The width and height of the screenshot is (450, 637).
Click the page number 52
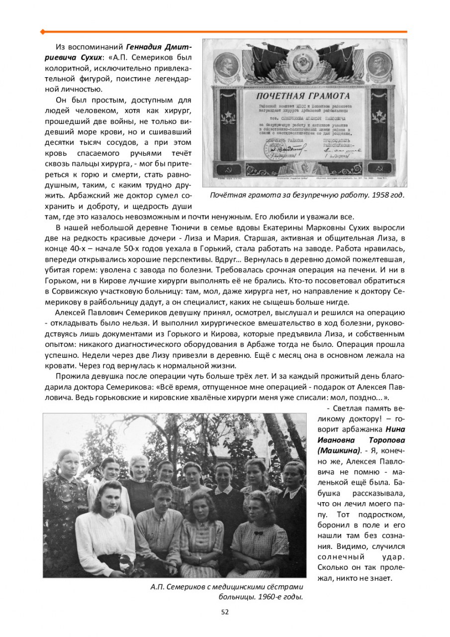[x=225, y=612]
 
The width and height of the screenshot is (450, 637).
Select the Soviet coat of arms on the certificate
[x=303, y=64]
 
